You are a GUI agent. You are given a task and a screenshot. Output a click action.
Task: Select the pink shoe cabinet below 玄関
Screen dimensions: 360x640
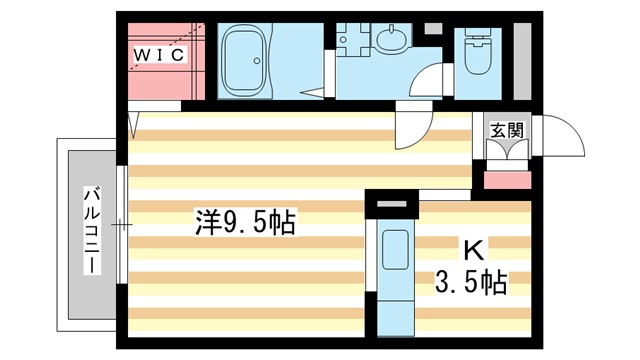507,181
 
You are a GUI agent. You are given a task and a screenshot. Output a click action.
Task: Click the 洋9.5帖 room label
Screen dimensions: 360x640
245,222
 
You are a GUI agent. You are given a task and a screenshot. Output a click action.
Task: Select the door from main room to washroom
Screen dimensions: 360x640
410,128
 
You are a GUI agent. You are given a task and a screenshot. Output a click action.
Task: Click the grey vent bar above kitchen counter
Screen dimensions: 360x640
391,210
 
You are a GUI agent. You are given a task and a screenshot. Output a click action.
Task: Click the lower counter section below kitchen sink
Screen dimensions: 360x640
391,305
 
